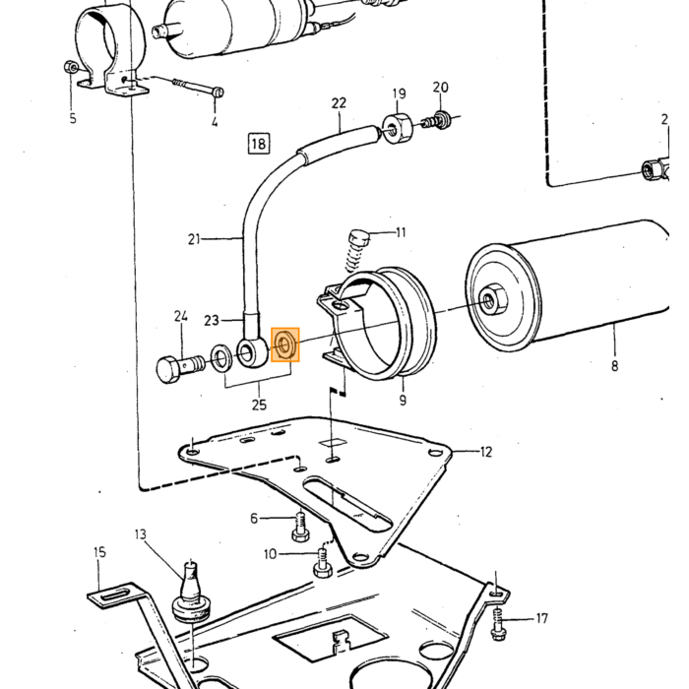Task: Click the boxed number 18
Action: (258, 144)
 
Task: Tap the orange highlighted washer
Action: (285, 344)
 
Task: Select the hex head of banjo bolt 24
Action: (168, 369)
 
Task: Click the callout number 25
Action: (259, 405)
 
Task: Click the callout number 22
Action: (339, 103)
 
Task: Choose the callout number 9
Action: (403, 400)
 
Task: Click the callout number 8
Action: (614, 365)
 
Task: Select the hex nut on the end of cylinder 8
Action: (492, 300)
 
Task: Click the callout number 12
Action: (485, 452)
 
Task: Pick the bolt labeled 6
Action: (300, 527)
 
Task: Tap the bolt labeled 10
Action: (323, 563)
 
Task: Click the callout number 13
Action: (140, 534)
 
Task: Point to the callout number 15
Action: (99, 552)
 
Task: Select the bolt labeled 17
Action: (498, 624)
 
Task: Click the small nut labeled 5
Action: (71, 67)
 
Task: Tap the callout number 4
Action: (215, 121)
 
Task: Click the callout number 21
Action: (194, 239)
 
